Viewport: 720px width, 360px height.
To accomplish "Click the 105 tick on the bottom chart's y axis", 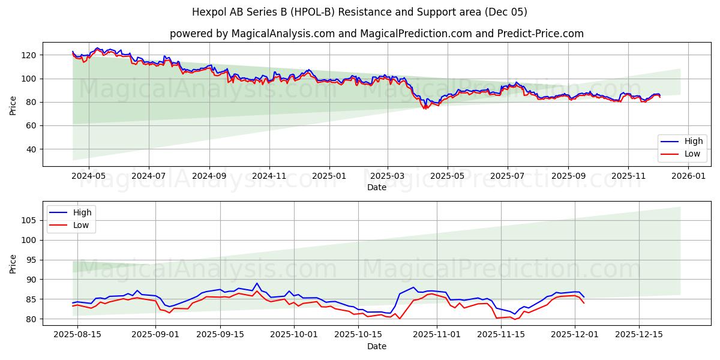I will (x=29, y=220).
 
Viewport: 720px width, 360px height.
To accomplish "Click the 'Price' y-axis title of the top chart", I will (x=13, y=106).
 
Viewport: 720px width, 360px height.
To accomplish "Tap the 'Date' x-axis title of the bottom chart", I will (x=376, y=346).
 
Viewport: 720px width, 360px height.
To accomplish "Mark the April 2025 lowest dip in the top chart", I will (x=425, y=109).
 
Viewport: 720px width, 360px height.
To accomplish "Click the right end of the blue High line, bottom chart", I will (x=584, y=296).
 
